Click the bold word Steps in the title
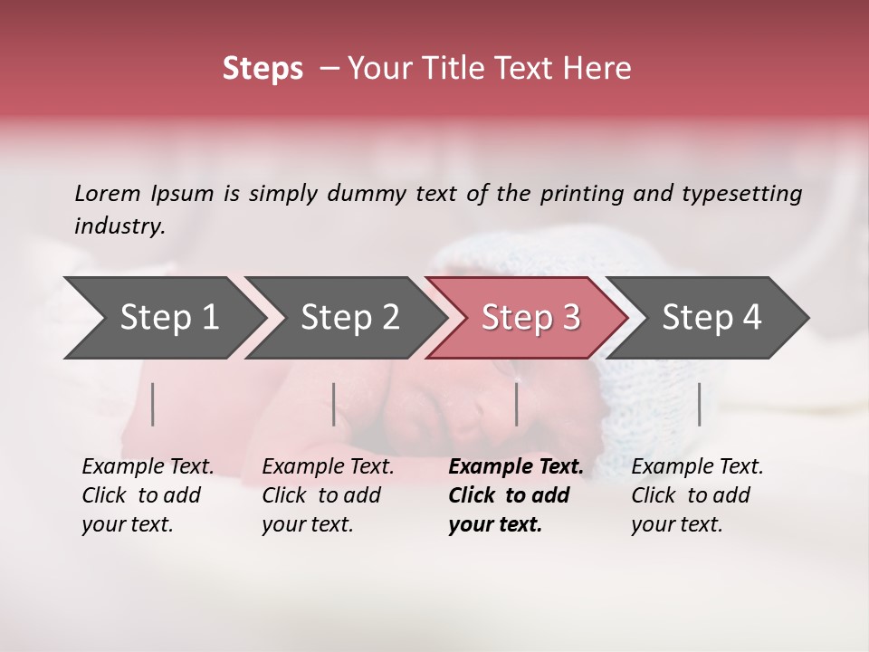pyautogui.click(x=263, y=69)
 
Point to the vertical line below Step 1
pyautogui.click(x=153, y=404)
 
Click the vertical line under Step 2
pyautogui.click(x=334, y=404)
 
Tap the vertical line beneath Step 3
pyautogui.click(x=516, y=404)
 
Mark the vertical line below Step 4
pyautogui.click(x=700, y=404)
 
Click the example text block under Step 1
pyautogui.click(x=148, y=495)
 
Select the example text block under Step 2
pyautogui.click(x=328, y=495)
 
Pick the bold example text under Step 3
pyautogui.click(x=515, y=495)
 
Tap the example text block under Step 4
pyautogui.click(x=697, y=495)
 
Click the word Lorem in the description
pyautogui.click(x=108, y=194)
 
